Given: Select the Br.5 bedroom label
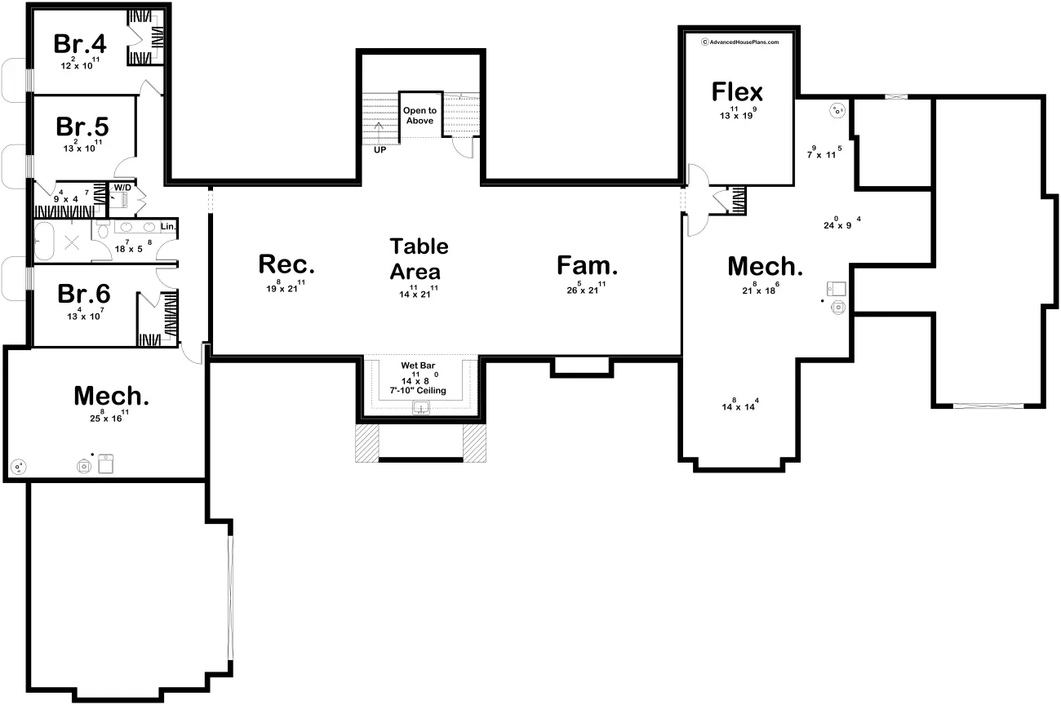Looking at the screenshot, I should [82, 127].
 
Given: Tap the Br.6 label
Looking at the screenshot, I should [83, 294].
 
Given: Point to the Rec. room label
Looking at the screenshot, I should [286, 264].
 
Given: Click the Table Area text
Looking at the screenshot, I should [419, 259].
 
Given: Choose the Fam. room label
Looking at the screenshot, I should [588, 265].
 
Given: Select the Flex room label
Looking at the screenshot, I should [737, 91].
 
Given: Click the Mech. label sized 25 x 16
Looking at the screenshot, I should [112, 397].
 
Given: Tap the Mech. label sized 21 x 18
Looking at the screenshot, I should [766, 266].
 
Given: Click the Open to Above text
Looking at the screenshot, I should [420, 116].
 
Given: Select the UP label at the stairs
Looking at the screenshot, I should [380, 150].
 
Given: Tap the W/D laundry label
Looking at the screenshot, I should [122, 188].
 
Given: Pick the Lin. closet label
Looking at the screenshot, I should [168, 226].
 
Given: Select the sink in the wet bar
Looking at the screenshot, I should [421, 407].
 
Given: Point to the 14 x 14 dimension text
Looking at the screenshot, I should [740, 406].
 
